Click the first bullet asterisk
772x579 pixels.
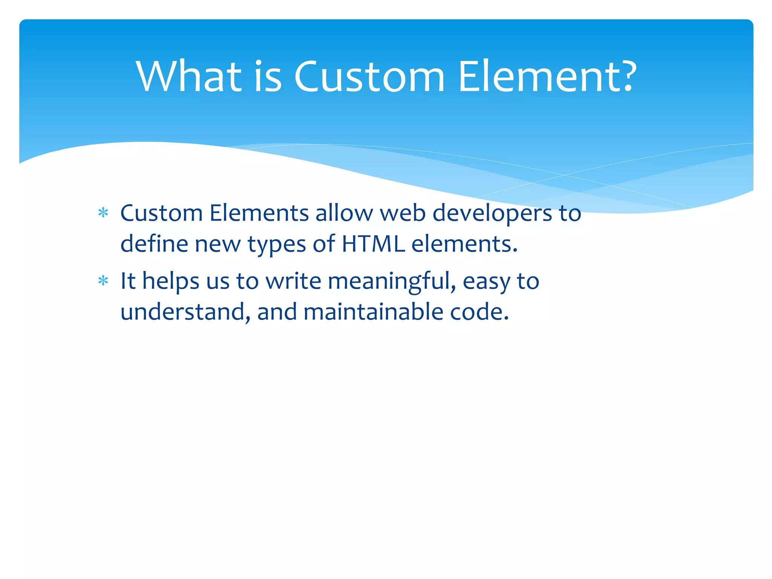tap(103, 213)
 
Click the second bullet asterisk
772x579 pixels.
tap(103, 281)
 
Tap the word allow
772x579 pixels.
tap(344, 213)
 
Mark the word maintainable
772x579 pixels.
tap(373, 312)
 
